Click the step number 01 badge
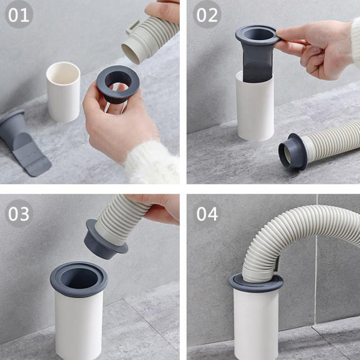[19, 14]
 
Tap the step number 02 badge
[207, 14]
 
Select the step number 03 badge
[19, 213]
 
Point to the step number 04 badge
[207, 213]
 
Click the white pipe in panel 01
[63, 92]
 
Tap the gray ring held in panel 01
[118, 85]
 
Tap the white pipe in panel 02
[255, 108]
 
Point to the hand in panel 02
[317, 48]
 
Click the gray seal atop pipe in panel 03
[79, 279]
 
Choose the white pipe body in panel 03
[79, 326]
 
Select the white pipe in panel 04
[256, 324]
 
